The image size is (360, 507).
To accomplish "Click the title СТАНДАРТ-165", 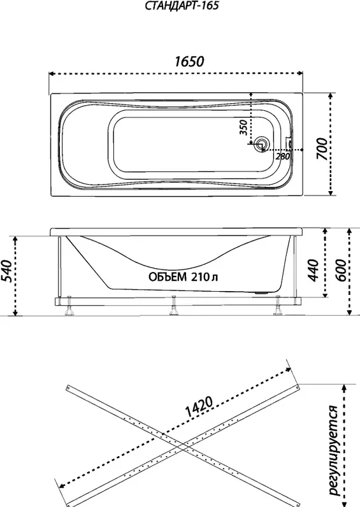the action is click(x=182, y=6).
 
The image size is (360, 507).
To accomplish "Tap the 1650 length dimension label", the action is click(x=189, y=61).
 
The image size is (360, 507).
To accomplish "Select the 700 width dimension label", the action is click(x=322, y=149).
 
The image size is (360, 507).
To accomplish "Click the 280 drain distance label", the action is click(x=283, y=156).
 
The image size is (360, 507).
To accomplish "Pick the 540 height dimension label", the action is click(x=6, y=271).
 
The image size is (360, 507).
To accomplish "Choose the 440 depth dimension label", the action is click(x=313, y=270).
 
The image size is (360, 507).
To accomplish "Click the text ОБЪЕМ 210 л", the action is click(x=184, y=277).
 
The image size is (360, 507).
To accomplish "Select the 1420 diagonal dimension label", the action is click(x=199, y=406).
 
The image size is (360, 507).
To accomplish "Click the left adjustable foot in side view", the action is click(x=69, y=306).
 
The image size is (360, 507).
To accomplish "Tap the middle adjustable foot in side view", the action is click(x=174, y=306).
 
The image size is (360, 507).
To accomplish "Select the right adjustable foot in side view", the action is click(x=277, y=306).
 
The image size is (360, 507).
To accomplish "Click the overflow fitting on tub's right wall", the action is click(x=289, y=143).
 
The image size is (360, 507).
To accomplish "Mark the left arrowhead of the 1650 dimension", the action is click(x=51, y=74).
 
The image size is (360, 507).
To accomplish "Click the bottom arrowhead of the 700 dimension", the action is click(x=330, y=193).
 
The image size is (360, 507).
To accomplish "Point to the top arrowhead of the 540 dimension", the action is click(x=15, y=239).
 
